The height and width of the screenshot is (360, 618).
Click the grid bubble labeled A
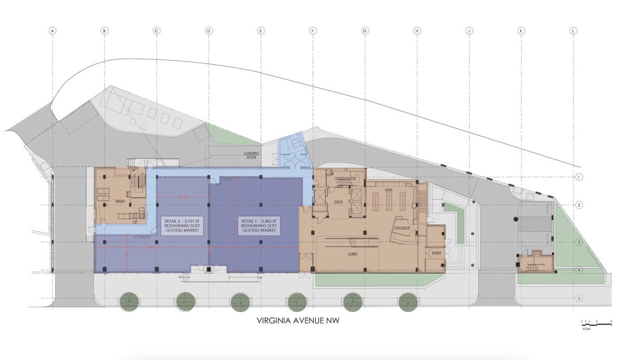(x=53, y=30)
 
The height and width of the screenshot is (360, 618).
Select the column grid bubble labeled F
(x=312, y=30)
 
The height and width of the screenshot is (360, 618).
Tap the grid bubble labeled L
(x=572, y=30)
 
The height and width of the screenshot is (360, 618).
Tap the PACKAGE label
(x=402, y=227)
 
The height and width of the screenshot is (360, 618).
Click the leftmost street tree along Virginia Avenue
(x=129, y=302)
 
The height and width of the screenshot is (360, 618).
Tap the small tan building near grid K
(x=534, y=261)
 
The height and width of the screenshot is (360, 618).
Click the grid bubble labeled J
(x=469, y=30)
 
